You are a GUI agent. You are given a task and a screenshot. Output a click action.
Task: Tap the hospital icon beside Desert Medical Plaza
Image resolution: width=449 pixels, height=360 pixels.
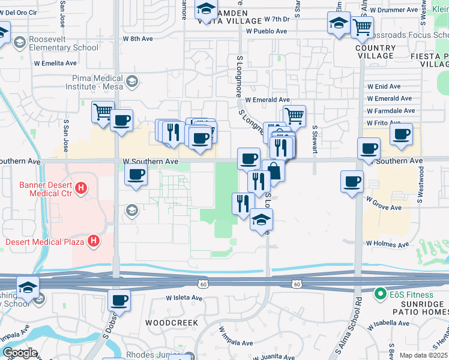click(x=93, y=242)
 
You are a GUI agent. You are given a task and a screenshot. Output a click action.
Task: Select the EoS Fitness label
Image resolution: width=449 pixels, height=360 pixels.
click(x=411, y=295)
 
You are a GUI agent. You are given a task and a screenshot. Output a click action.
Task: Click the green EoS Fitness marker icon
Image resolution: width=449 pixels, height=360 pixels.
click(x=380, y=295)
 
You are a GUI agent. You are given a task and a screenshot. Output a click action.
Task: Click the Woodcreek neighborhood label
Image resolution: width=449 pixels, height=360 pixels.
click(x=172, y=322)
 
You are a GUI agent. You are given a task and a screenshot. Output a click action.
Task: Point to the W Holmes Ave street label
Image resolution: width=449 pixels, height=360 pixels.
click(x=387, y=244)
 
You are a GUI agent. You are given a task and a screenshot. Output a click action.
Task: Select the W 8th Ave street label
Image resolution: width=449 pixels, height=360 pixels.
click(x=138, y=38)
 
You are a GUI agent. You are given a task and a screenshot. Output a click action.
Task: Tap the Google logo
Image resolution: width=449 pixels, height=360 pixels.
click(x=20, y=353)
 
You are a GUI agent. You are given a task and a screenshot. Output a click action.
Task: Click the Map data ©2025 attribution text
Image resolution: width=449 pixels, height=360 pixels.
click(x=423, y=355)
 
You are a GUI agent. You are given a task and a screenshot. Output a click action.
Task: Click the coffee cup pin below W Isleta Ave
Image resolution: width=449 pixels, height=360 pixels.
click(x=119, y=301)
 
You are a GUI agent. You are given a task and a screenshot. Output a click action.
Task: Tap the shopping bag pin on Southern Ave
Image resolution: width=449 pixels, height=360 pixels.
click(x=274, y=171)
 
